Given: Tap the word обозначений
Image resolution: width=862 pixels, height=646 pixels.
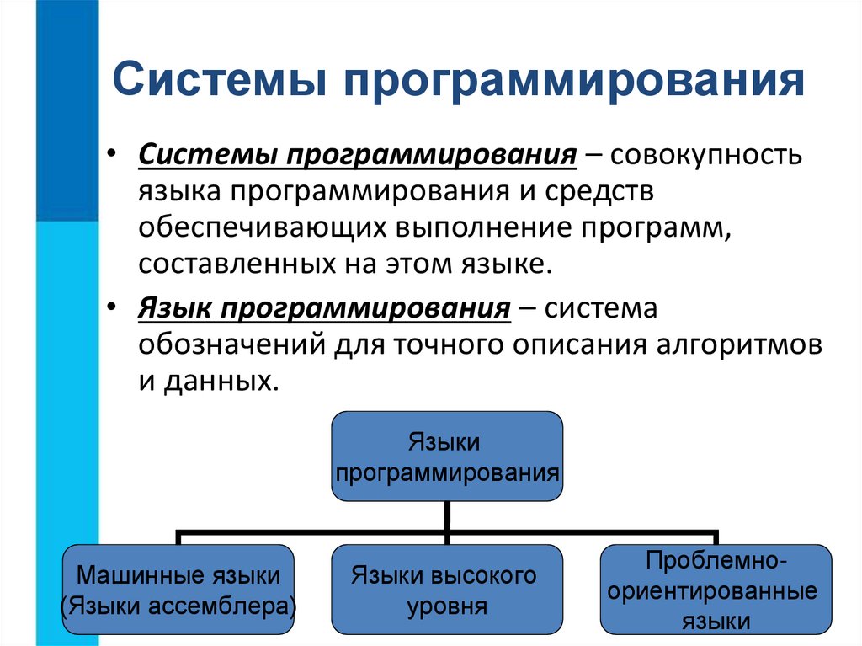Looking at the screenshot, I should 230,345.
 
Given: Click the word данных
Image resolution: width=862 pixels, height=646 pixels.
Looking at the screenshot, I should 223,382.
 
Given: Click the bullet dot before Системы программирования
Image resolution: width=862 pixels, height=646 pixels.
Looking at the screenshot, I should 111,157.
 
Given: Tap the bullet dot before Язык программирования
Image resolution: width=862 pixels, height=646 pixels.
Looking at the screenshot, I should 111,309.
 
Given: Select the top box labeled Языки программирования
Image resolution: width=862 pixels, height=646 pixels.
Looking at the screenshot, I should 447,456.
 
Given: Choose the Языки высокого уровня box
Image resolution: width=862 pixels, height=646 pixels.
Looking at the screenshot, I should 447,589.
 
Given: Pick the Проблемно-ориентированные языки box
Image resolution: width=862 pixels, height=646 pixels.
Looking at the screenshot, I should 716,589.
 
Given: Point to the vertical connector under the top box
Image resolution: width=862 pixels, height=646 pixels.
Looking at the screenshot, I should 447,515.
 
